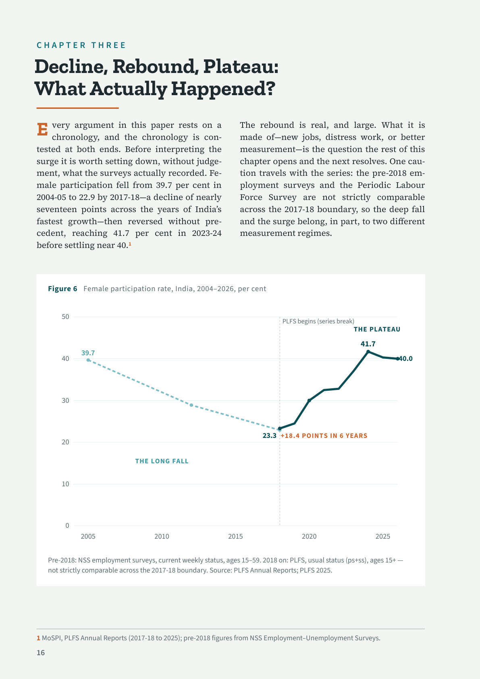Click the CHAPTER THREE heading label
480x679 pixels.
[81, 45]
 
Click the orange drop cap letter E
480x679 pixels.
[42, 129]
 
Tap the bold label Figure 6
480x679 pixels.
[62, 289]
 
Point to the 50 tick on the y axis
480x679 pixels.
[65, 317]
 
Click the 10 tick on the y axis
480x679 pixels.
[65, 484]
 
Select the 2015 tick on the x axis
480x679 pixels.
[235, 536]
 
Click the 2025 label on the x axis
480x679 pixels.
[383, 536]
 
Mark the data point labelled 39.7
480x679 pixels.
[88, 360]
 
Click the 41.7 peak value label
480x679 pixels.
[368, 344]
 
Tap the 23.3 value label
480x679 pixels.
[269, 435]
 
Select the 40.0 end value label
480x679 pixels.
[406, 358]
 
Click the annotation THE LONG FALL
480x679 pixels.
[162, 461]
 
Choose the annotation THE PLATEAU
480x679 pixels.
[377, 329]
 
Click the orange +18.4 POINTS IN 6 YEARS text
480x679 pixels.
[324, 435]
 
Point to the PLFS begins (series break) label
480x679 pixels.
[318, 321]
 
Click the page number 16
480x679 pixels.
[41, 653]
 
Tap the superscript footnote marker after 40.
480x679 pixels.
[130, 244]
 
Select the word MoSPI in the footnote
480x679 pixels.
[52, 638]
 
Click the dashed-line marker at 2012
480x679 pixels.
[191, 405]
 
